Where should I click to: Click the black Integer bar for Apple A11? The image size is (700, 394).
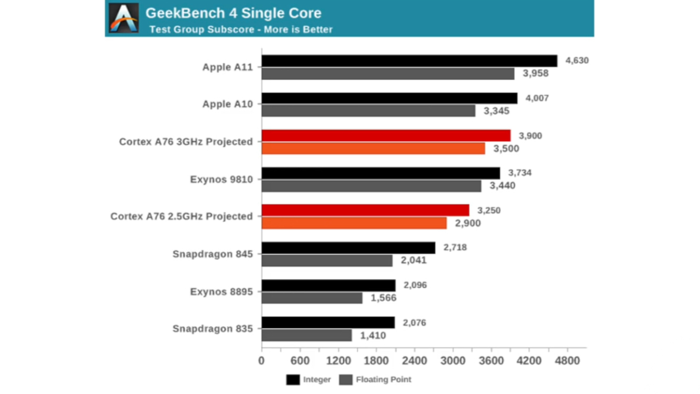click(x=409, y=61)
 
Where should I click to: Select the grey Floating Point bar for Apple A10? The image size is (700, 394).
click(x=368, y=111)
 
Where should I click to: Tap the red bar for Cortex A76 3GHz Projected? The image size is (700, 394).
click(x=386, y=136)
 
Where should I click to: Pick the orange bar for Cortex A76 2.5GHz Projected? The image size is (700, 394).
click(x=354, y=223)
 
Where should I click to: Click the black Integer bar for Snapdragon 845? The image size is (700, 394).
click(x=348, y=247)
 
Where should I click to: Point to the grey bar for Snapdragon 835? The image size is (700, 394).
click(x=307, y=335)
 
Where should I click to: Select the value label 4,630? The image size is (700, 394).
click(x=577, y=60)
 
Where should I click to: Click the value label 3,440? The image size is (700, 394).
click(x=502, y=185)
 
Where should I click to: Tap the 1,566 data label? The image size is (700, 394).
click(x=383, y=298)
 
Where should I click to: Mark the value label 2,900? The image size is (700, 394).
click(x=468, y=223)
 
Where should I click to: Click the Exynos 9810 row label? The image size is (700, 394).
click(x=221, y=180)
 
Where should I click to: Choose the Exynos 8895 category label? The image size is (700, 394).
click(x=221, y=292)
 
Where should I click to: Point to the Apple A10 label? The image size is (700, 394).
click(x=228, y=104)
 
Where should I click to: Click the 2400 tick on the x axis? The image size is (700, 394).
click(x=414, y=361)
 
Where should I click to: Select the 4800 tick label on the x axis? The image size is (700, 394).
click(x=567, y=361)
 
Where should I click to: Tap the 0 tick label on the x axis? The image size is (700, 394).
click(x=261, y=361)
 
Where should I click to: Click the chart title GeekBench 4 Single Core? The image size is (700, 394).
click(x=234, y=13)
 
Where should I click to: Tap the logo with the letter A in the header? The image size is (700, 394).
click(x=124, y=17)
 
